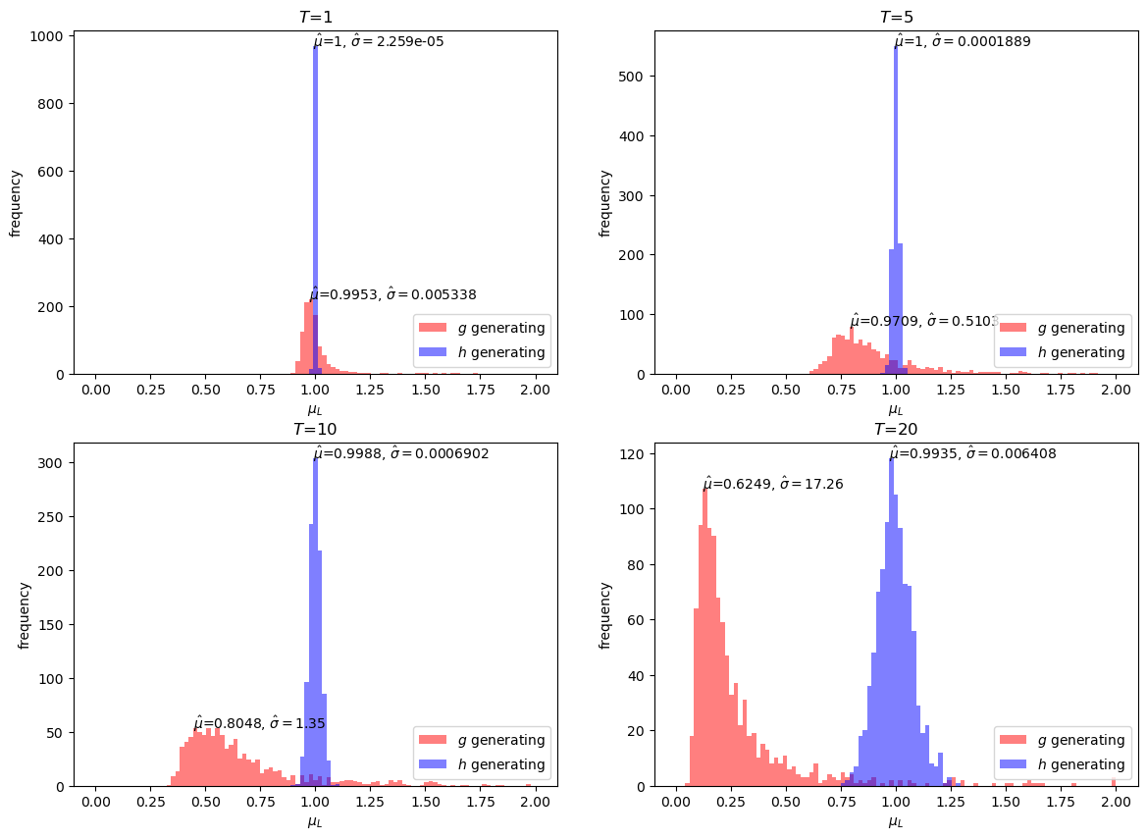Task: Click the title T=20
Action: pyautogui.click(x=895, y=429)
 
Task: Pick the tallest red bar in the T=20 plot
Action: pyautogui.click(x=704, y=638)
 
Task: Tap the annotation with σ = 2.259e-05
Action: pyautogui.click(x=378, y=41)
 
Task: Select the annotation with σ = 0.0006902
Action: pyautogui.click(x=400, y=453)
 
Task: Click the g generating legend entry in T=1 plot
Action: pyautogui.click(x=481, y=328)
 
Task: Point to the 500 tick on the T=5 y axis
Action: pyautogui.click(x=634, y=77)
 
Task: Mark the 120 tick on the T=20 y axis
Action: pyautogui.click(x=634, y=454)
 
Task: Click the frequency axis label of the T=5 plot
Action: pyautogui.click(x=605, y=203)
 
